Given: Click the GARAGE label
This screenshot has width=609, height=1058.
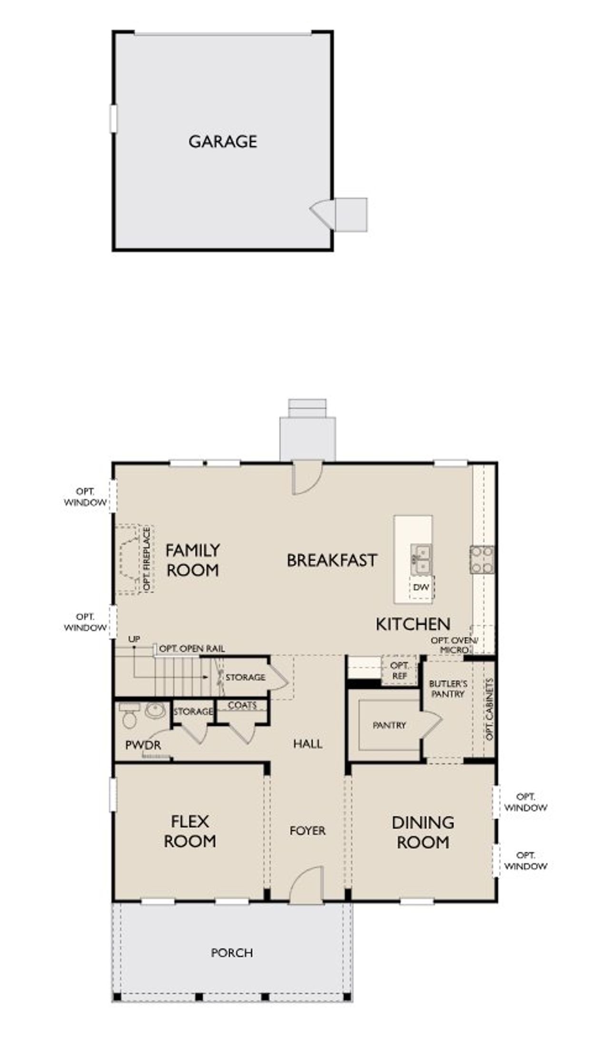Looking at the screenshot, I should [223, 141].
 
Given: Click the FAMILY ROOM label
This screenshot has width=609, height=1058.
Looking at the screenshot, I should [192, 560].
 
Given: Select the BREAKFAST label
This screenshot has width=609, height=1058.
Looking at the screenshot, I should [332, 560].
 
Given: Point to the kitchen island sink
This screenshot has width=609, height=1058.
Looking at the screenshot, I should [421, 559].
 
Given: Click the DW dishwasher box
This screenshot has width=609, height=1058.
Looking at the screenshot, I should [421, 587].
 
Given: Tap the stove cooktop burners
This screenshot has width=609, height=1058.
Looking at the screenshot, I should [482, 560].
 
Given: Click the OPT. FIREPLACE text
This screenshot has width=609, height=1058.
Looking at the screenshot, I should [147, 559].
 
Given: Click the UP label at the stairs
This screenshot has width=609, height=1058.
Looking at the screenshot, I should [134, 639].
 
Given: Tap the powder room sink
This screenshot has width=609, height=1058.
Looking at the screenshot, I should [155, 711].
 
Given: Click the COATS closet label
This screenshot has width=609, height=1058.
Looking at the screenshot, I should [242, 705].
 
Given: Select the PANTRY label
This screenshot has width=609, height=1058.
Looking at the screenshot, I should [389, 725].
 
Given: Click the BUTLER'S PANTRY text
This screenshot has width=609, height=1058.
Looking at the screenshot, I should [448, 689].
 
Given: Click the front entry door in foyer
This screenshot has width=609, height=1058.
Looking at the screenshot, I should [307, 884].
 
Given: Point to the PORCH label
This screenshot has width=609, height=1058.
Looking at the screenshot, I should [232, 952].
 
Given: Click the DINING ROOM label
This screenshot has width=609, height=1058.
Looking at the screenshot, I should [422, 832].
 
